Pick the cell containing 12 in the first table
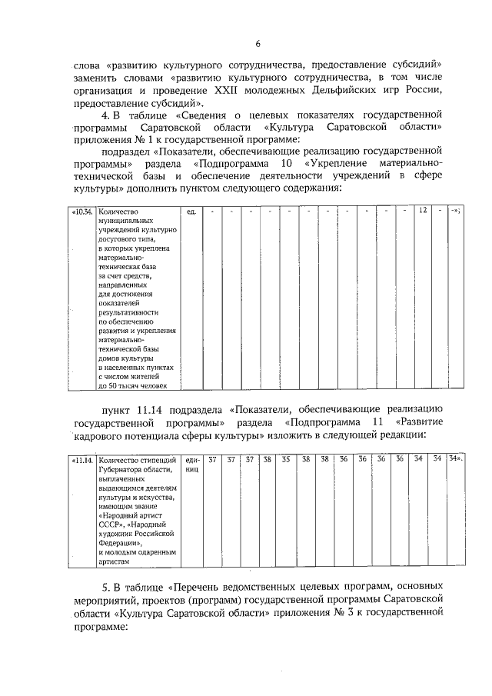click(422, 210)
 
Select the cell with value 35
click(285, 459)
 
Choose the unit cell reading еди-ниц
click(192, 464)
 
